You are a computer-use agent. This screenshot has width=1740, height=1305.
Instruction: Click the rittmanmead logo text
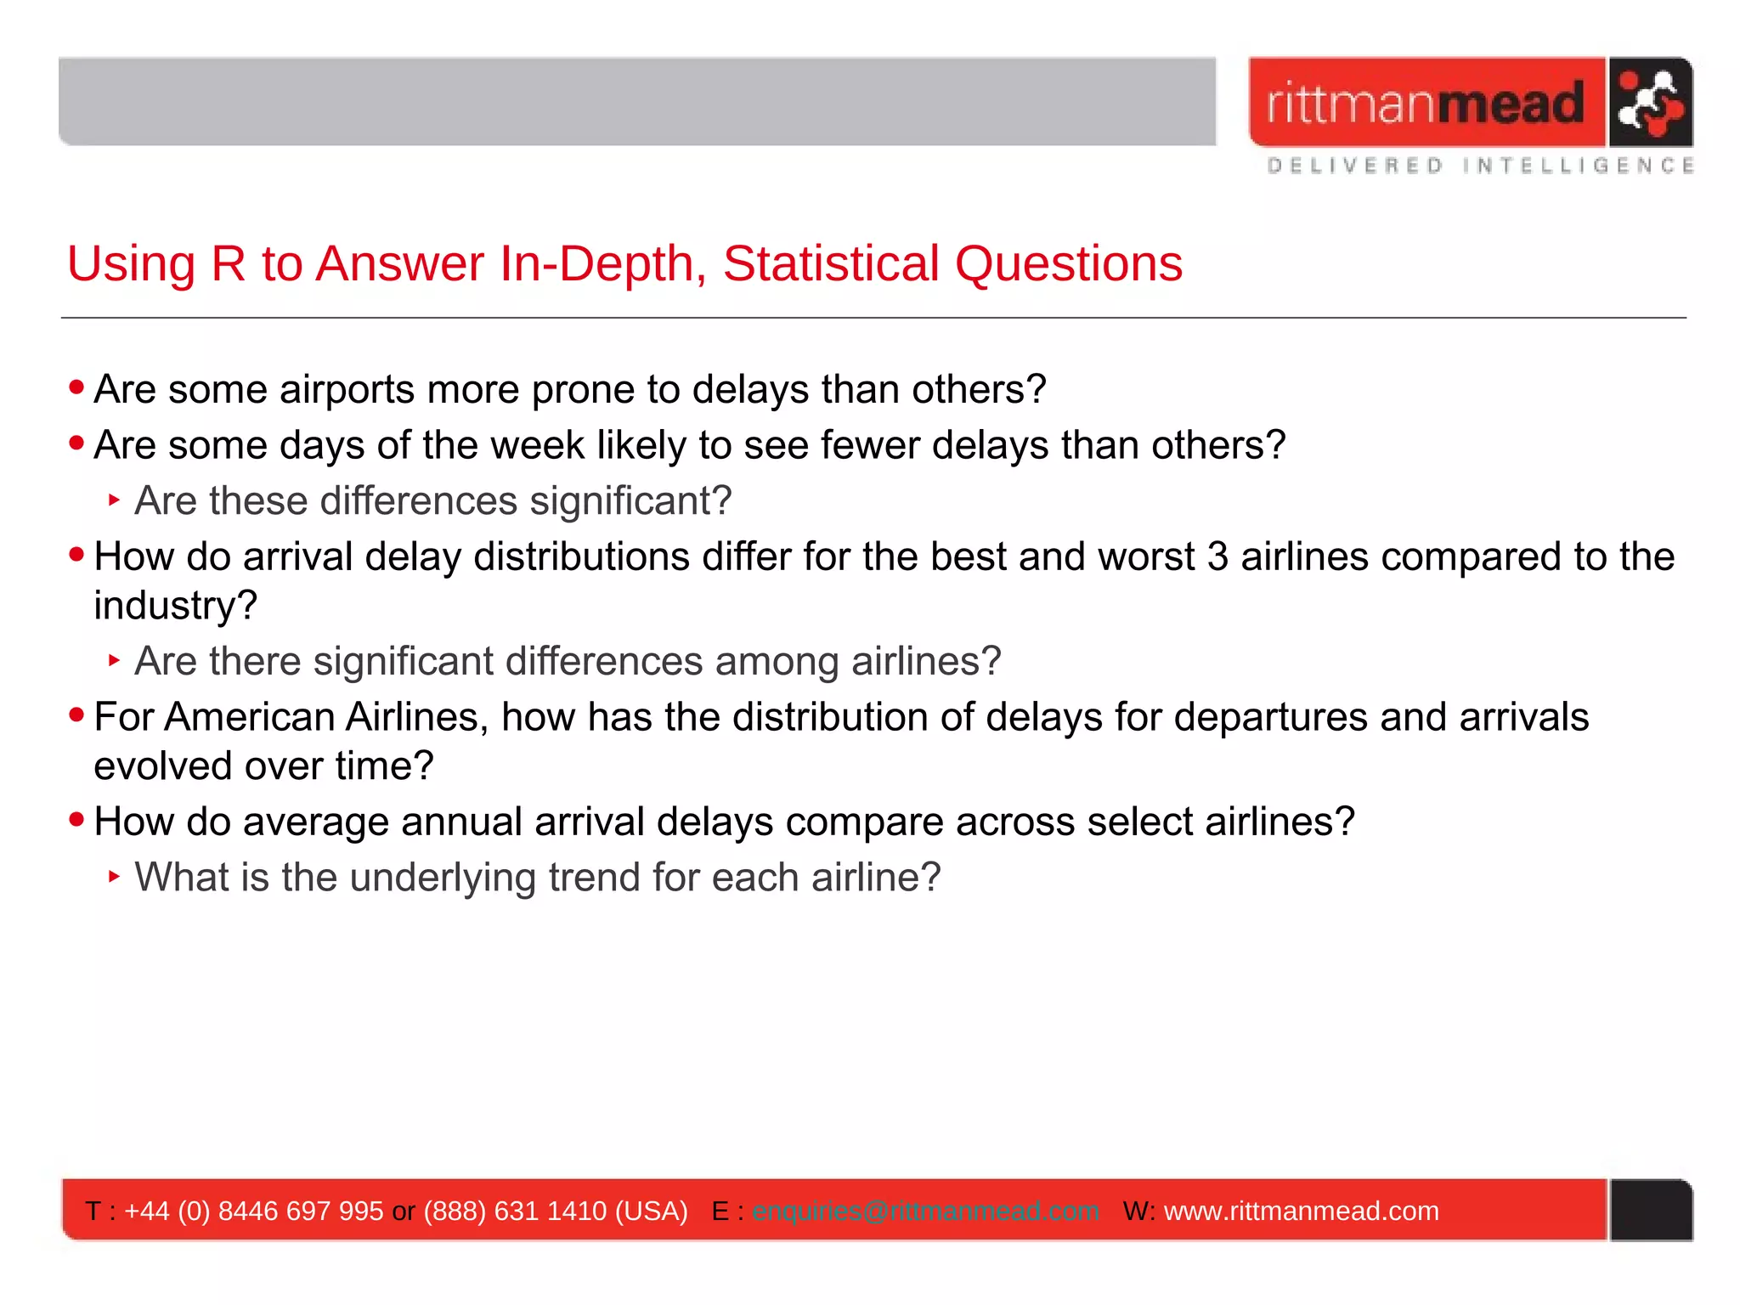point(1425,103)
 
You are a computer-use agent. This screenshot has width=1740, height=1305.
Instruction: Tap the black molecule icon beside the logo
point(1649,103)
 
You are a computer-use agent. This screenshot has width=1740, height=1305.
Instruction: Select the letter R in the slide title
point(228,263)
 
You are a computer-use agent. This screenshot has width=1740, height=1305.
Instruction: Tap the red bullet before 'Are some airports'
point(76,387)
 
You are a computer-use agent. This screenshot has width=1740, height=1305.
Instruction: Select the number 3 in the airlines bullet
point(1217,557)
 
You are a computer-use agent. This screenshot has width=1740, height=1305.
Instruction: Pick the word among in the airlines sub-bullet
point(776,661)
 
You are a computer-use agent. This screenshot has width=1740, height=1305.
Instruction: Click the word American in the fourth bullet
point(250,717)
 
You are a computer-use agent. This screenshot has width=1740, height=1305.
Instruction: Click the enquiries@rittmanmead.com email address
point(925,1211)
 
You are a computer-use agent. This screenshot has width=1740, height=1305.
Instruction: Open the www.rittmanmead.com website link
point(1301,1211)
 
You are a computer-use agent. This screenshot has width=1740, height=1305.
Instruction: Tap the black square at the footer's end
point(1651,1210)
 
